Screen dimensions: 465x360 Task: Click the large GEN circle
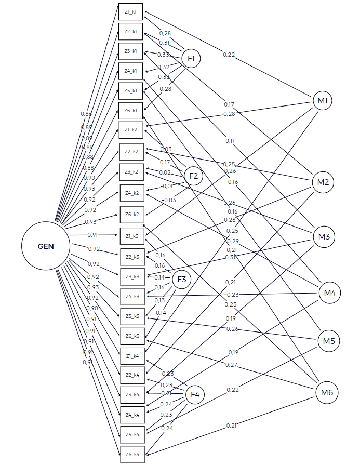[x=46, y=246]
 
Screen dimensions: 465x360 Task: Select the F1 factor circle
[x=191, y=59]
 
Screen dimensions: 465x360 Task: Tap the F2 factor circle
[x=193, y=176]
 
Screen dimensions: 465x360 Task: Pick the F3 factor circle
[x=182, y=280]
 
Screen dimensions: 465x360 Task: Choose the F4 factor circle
[x=195, y=395]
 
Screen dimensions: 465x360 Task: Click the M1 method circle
[x=322, y=100]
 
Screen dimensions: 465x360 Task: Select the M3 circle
[x=324, y=237]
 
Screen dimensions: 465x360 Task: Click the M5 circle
[x=328, y=341]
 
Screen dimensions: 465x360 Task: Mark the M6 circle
[x=326, y=392]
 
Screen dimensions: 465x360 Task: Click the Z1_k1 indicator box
[x=130, y=11]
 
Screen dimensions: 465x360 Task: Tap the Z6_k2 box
[x=131, y=214]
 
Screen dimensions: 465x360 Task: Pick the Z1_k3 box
[x=131, y=235]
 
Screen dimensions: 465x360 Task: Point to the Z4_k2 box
[x=131, y=193]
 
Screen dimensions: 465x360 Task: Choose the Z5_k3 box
[x=131, y=316]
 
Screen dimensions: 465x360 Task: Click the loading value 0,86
[x=86, y=113]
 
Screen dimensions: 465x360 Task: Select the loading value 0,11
[x=230, y=141]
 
